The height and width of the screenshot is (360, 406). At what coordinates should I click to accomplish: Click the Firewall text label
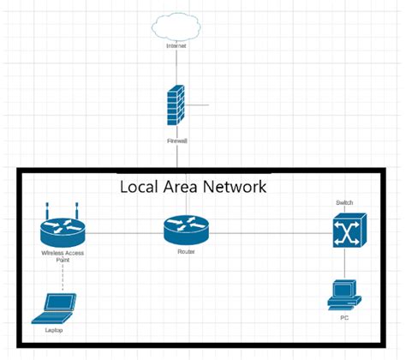177,139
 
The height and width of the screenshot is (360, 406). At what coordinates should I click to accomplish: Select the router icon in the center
186,230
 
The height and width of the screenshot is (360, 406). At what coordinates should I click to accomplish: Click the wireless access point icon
63,230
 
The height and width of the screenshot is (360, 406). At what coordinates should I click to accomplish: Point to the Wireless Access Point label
62,256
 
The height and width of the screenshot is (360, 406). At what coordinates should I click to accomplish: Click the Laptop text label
54,330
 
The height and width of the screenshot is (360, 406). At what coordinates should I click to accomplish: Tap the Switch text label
345,202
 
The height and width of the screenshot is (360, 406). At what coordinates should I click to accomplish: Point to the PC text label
344,319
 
